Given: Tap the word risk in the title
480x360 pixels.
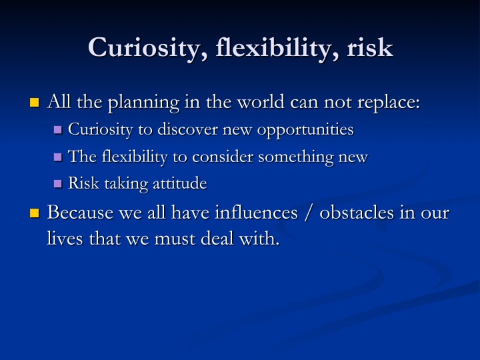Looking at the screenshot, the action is click(370, 47).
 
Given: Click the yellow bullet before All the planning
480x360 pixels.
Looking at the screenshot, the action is click(35, 102).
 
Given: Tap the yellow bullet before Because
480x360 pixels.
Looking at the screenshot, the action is click(35, 213).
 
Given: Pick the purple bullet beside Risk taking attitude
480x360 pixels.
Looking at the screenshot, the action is click(58, 184).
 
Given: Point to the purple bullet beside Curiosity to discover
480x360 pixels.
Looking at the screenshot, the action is click(58, 129).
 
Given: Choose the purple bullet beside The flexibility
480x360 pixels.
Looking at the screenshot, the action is click(58, 157).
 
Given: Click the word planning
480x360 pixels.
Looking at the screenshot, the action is click(144, 103).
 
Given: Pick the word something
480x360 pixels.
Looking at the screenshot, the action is click(296, 157).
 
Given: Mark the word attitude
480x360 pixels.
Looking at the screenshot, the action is click(180, 183).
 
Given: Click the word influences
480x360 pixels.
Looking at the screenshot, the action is click(256, 212).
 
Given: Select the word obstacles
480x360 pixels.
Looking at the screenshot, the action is click(357, 212).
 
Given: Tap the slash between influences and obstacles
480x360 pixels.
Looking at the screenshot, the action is click(309, 213).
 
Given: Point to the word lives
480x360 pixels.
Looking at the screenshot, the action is click(65, 238).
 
